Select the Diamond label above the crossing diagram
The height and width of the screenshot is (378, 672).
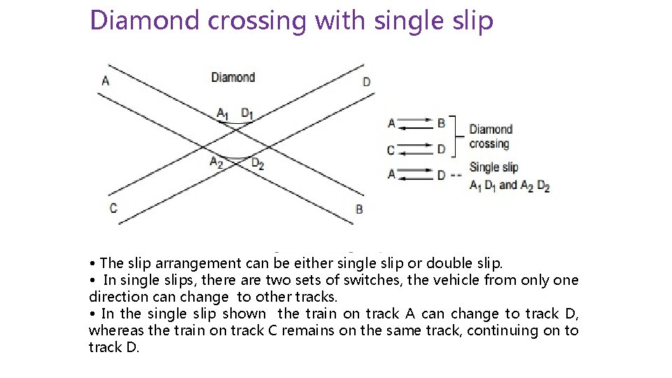232,77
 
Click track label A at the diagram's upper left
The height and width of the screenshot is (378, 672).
105,80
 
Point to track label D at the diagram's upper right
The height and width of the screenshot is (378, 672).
367,82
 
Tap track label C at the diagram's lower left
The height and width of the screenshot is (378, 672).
113,208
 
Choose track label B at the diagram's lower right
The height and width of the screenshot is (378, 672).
359,209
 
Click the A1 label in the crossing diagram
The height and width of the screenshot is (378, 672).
223,113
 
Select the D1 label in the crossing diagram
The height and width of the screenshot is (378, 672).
248,113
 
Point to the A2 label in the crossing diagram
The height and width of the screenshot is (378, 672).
217,162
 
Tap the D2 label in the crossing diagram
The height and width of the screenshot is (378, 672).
258,164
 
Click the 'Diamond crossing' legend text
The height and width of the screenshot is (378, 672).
490,136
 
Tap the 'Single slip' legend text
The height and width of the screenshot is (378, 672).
493,167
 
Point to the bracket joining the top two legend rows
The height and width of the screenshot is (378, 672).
455,136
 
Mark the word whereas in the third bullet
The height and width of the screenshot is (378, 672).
113,330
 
